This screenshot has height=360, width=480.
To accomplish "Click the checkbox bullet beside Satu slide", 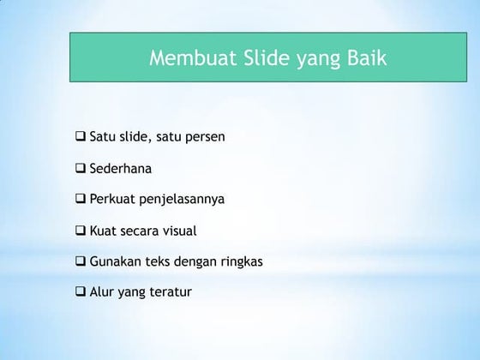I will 81,136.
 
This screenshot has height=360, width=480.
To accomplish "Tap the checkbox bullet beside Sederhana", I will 81,167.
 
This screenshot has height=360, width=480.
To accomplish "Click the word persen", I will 203,137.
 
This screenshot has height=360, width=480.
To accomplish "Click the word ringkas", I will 239,261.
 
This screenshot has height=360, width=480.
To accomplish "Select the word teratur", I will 170,291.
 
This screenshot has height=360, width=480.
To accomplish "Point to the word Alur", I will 101,291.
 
